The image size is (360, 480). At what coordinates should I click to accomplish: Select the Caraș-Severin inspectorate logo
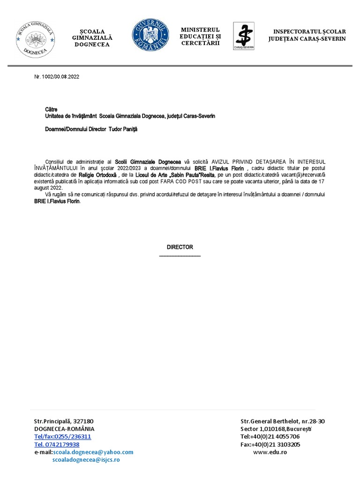244,36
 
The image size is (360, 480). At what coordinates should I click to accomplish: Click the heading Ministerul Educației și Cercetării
201,37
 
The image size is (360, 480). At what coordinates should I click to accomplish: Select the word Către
51,109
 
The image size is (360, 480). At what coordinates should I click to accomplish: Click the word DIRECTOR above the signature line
180,247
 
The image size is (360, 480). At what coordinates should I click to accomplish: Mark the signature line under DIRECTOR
180,256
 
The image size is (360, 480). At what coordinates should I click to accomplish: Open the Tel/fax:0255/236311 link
62,436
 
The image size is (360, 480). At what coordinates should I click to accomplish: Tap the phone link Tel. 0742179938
57,444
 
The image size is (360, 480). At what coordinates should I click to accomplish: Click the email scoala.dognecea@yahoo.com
93,452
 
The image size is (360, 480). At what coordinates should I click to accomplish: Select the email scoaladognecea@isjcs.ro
86,460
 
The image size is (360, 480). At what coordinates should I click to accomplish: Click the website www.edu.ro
270,452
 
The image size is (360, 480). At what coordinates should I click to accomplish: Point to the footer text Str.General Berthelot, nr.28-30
283,421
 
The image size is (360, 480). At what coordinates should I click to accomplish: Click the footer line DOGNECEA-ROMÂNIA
64,429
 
